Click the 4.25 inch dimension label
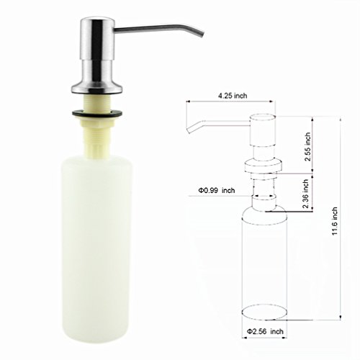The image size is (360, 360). point(233,96)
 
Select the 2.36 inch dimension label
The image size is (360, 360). point(305,194)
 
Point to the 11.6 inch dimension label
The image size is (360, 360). point(335,221)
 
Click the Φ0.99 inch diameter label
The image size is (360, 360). point(216,191)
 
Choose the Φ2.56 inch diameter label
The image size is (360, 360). point(265,331)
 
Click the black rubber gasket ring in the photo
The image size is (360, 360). point(97,114)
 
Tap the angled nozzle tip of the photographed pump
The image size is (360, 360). point(199,35)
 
